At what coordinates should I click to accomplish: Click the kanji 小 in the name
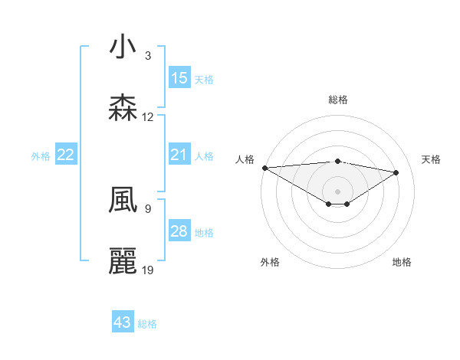[123, 47]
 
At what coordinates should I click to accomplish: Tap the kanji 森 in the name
[123, 108]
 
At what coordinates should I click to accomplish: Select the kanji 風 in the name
[123, 200]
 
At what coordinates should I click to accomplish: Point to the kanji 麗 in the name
[123, 261]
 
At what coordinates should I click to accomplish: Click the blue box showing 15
[179, 78]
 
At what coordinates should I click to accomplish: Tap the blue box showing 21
[179, 155]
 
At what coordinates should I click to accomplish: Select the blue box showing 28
[179, 232]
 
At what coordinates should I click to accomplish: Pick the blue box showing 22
[66, 155]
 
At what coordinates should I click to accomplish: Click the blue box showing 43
[123, 322]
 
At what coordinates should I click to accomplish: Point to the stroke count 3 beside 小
[148, 56]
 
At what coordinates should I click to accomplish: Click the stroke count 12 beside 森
[148, 117]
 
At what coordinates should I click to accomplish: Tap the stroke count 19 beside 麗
[148, 270]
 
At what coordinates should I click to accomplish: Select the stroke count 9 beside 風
[148, 208]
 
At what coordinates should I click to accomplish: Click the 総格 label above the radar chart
[337, 100]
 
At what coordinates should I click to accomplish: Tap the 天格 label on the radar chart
[432, 159]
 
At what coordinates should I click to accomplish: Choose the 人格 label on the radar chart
[245, 159]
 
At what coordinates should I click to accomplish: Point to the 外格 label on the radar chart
[270, 262]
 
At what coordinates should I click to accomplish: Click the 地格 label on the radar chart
[402, 262]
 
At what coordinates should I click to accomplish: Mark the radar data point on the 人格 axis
[264, 168]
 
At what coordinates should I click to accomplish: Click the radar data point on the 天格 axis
[396, 172]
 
